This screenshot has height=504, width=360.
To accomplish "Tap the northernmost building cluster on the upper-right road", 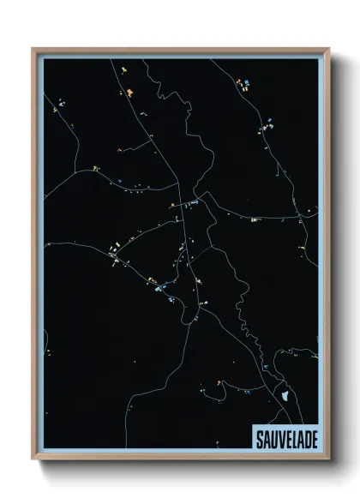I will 243,83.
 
